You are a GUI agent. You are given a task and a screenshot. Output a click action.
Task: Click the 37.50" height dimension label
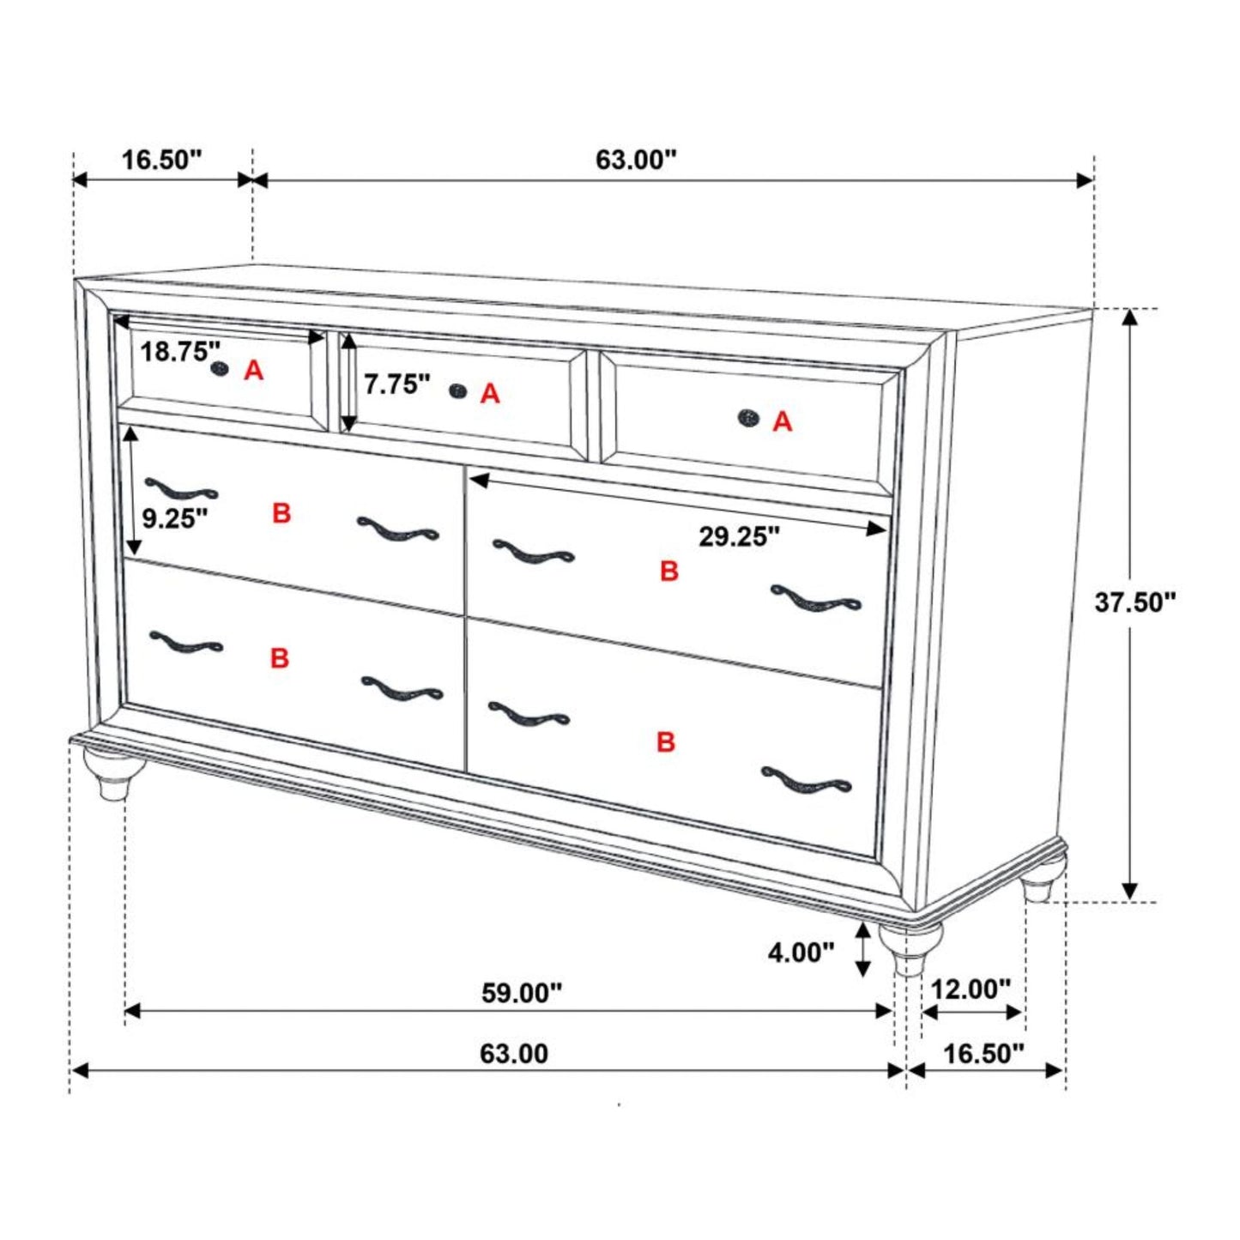pyautogui.click(x=1134, y=602)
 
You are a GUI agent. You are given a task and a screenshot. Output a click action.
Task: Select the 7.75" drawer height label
pyautogui.click(x=396, y=384)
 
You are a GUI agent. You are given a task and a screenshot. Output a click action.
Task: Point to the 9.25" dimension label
pyautogui.click(x=175, y=518)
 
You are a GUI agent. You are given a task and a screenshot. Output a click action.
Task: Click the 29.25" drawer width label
pyautogui.click(x=739, y=537)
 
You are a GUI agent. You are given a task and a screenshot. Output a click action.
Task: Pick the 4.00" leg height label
pyautogui.click(x=801, y=952)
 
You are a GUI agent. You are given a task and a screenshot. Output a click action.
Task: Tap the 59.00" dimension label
pyautogui.click(x=522, y=993)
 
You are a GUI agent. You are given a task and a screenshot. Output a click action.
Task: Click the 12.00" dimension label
pyautogui.click(x=971, y=989)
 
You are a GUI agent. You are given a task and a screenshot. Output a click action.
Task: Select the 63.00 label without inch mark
pyautogui.click(x=513, y=1053)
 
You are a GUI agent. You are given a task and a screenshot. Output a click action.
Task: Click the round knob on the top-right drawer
pyautogui.click(x=749, y=419)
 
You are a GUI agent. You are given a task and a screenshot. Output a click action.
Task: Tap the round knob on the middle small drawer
pyautogui.click(x=459, y=391)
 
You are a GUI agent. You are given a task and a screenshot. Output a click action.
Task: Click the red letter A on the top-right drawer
pyautogui.click(x=782, y=421)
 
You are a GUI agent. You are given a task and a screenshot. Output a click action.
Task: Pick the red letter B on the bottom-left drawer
pyautogui.click(x=280, y=658)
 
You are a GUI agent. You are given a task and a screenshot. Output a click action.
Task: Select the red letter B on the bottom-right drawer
pyautogui.click(x=666, y=741)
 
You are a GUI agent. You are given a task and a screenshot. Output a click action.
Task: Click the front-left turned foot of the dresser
pyautogui.click(x=108, y=773)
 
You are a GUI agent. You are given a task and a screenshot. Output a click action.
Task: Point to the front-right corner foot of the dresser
pyautogui.click(x=910, y=947)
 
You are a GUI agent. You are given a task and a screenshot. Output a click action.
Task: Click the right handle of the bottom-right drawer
pyautogui.click(x=807, y=782)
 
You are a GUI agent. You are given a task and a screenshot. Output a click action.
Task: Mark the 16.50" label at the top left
pyautogui.click(x=161, y=160)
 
